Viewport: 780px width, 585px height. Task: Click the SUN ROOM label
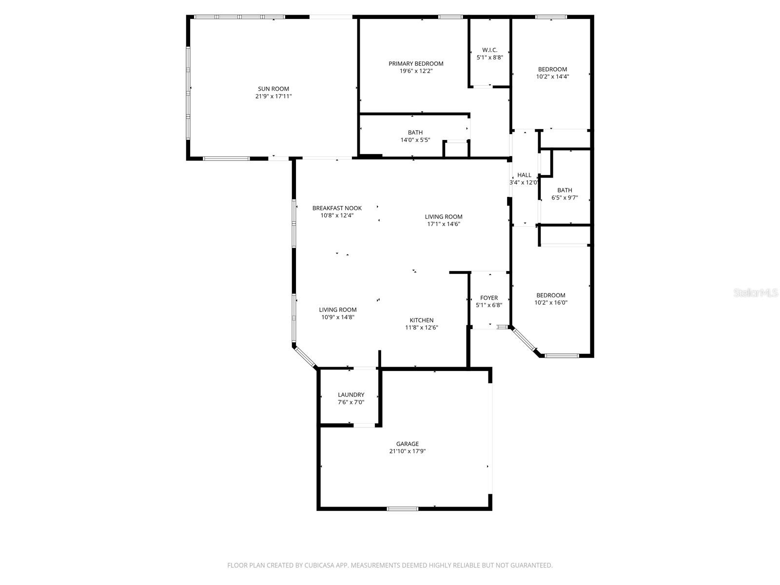coord(273,89)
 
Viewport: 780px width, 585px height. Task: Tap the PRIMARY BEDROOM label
coord(416,63)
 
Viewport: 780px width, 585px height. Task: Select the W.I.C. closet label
coord(489,50)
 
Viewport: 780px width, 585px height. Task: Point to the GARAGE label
coord(407,444)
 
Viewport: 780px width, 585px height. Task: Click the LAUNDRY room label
coord(351,395)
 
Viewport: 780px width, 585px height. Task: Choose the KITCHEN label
coord(421,320)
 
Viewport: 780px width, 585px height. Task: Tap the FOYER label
coord(489,298)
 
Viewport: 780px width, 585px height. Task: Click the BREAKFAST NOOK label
coord(337,208)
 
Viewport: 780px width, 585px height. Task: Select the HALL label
coord(525,175)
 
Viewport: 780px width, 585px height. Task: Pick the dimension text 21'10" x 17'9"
coord(407,451)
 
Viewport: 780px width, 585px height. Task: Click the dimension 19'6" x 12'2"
coord(416,71)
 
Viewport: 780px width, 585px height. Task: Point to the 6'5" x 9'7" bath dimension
coord(565,198)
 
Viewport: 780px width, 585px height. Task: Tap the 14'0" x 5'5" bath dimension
coord(415,140)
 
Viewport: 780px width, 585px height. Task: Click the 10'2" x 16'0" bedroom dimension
coord(551,303)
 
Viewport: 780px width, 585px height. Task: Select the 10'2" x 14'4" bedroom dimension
coord(552,77)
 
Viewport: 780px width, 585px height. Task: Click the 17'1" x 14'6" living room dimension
coord(444,224)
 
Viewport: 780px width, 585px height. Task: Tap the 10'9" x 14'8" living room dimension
coord(338,317)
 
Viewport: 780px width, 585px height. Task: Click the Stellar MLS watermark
coord(756,293)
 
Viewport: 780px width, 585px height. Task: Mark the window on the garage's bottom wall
coord(402,509)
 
